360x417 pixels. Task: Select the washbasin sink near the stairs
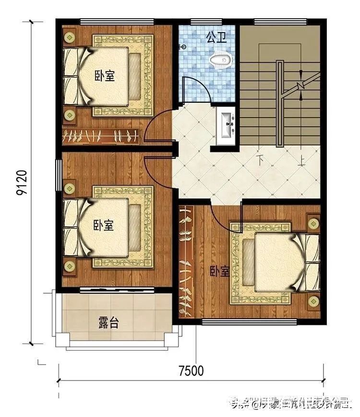click(x=225, y=126)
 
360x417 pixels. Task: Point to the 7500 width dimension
click(x=191, y=371)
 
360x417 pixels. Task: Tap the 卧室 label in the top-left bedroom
click(x=104, y=76)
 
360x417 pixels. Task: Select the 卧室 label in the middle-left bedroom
click(x=104, y=225)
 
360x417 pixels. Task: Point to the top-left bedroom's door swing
click(x=158, y=126)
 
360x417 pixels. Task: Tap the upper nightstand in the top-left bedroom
click(x=70, y=36)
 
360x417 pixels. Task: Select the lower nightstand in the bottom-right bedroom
click(x=313, y=301)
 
